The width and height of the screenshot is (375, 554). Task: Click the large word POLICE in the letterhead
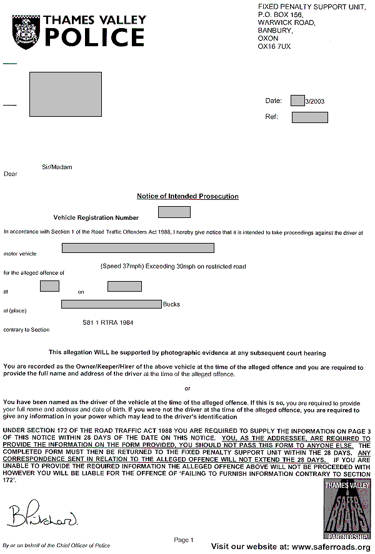(94, 37)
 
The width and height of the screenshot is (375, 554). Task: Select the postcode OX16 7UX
(274, 46)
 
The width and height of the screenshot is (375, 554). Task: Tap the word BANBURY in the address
(274, 30)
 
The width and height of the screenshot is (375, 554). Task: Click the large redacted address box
(65, 94)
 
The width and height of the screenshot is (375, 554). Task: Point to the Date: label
(274, 101)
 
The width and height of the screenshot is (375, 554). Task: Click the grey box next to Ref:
(309, 117)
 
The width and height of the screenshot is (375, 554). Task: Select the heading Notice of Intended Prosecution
(187, 196)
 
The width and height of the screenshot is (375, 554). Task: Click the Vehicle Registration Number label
(96, 218)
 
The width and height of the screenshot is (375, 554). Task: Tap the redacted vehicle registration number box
(174, 212)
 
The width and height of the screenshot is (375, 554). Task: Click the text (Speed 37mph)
(122, 266)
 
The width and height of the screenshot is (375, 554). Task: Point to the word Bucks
(171, 305)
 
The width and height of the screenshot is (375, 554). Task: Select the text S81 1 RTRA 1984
(108, 323)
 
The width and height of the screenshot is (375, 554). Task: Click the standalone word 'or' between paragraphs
(187, 388)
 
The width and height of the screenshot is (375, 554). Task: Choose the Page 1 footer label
(184, 540)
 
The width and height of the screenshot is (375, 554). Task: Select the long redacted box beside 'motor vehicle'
(137, 248)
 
